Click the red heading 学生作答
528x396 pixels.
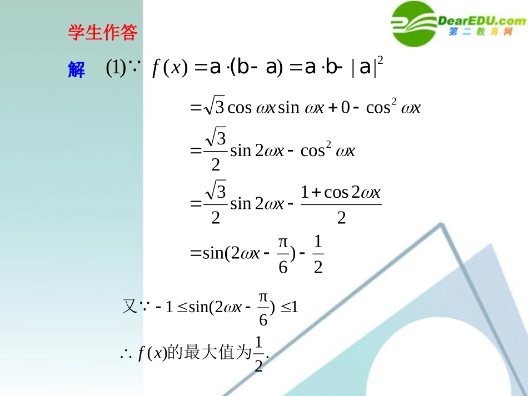pyautogui.click(x=103, y=33)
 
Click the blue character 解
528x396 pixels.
pyautogui.click(x=76, y=70)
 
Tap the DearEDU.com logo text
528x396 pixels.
pyautogui.click(x=481, y=21)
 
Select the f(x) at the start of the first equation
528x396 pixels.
pyautogui.click(x=167, y=68)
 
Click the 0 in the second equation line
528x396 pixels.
pyautogui.click(x=345, y=108)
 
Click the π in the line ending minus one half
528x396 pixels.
pyautogui.click(x=283, y=243)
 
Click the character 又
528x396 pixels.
pyautogui.click(x=129, y=306)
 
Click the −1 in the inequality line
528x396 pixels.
pyautogui.click(x=166, y=307)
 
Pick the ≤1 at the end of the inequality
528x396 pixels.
pyautogui.click(x=290, y=307)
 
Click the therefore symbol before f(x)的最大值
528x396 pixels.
pyautogui.click(x=124, y=353)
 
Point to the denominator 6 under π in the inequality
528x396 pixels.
pyautogui.click(x=263, y=320)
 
